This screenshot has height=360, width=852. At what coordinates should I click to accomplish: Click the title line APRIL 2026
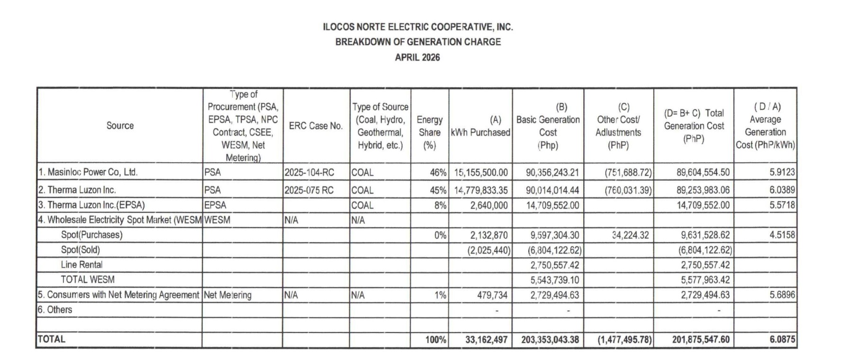click(417, 57)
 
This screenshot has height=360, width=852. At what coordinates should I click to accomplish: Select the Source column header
click(120, 125)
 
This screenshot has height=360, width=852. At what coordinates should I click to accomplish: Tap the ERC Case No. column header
click(316, 126)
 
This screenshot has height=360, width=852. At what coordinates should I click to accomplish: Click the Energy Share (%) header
click(429, 132)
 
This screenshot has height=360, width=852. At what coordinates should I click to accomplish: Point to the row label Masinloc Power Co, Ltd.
click(88, 172)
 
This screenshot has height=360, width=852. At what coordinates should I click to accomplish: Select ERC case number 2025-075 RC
click(309, 190)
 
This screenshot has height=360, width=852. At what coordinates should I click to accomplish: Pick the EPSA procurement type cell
click(215, 205)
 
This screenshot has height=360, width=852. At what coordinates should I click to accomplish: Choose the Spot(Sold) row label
click(80, 250)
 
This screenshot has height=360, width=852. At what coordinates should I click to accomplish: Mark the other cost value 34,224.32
click(630, 235)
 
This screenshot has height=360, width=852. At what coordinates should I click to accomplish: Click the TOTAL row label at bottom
click(52, 339)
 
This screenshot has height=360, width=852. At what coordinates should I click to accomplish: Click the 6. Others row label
click(55, 310)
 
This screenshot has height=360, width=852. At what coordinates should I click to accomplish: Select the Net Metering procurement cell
click(228, 295)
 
